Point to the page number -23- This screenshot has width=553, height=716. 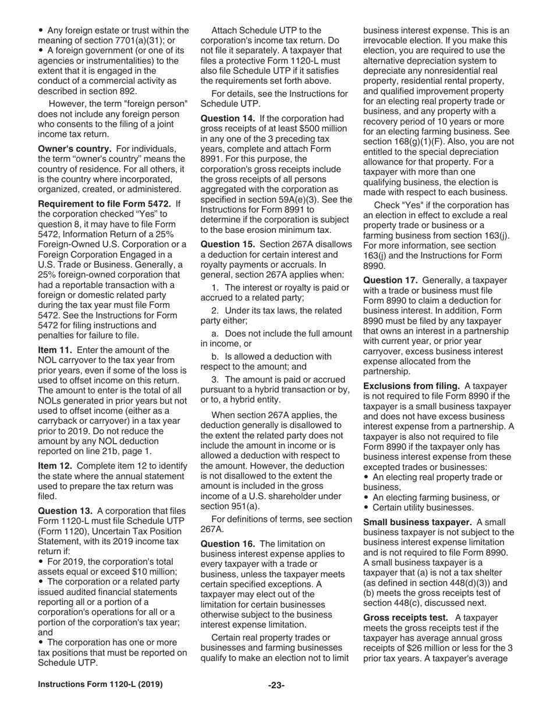[x=276, y=685]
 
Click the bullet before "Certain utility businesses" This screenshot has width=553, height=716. [x=366, y=508]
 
